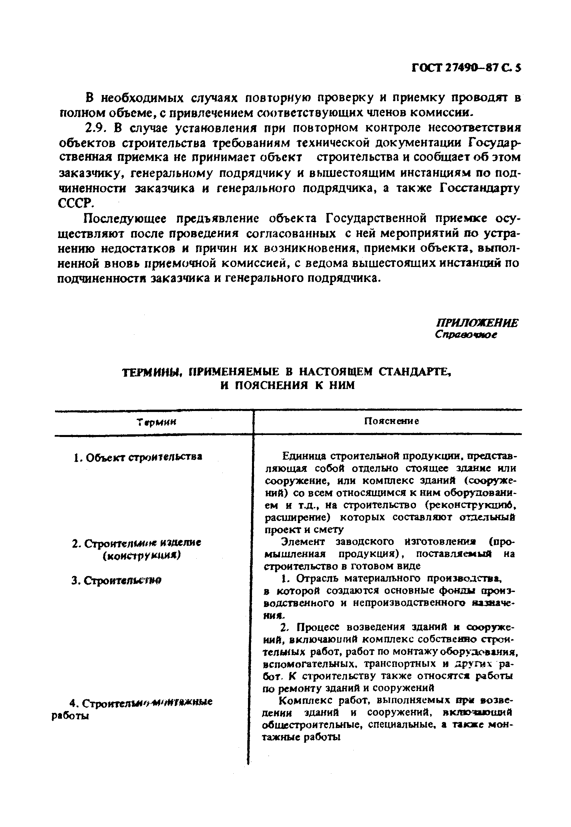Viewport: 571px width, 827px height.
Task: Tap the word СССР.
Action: click(x=76, y=204)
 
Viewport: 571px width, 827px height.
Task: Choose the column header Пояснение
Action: click(x=391, y=421)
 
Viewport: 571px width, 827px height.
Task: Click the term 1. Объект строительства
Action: click(x=137, y=457)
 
